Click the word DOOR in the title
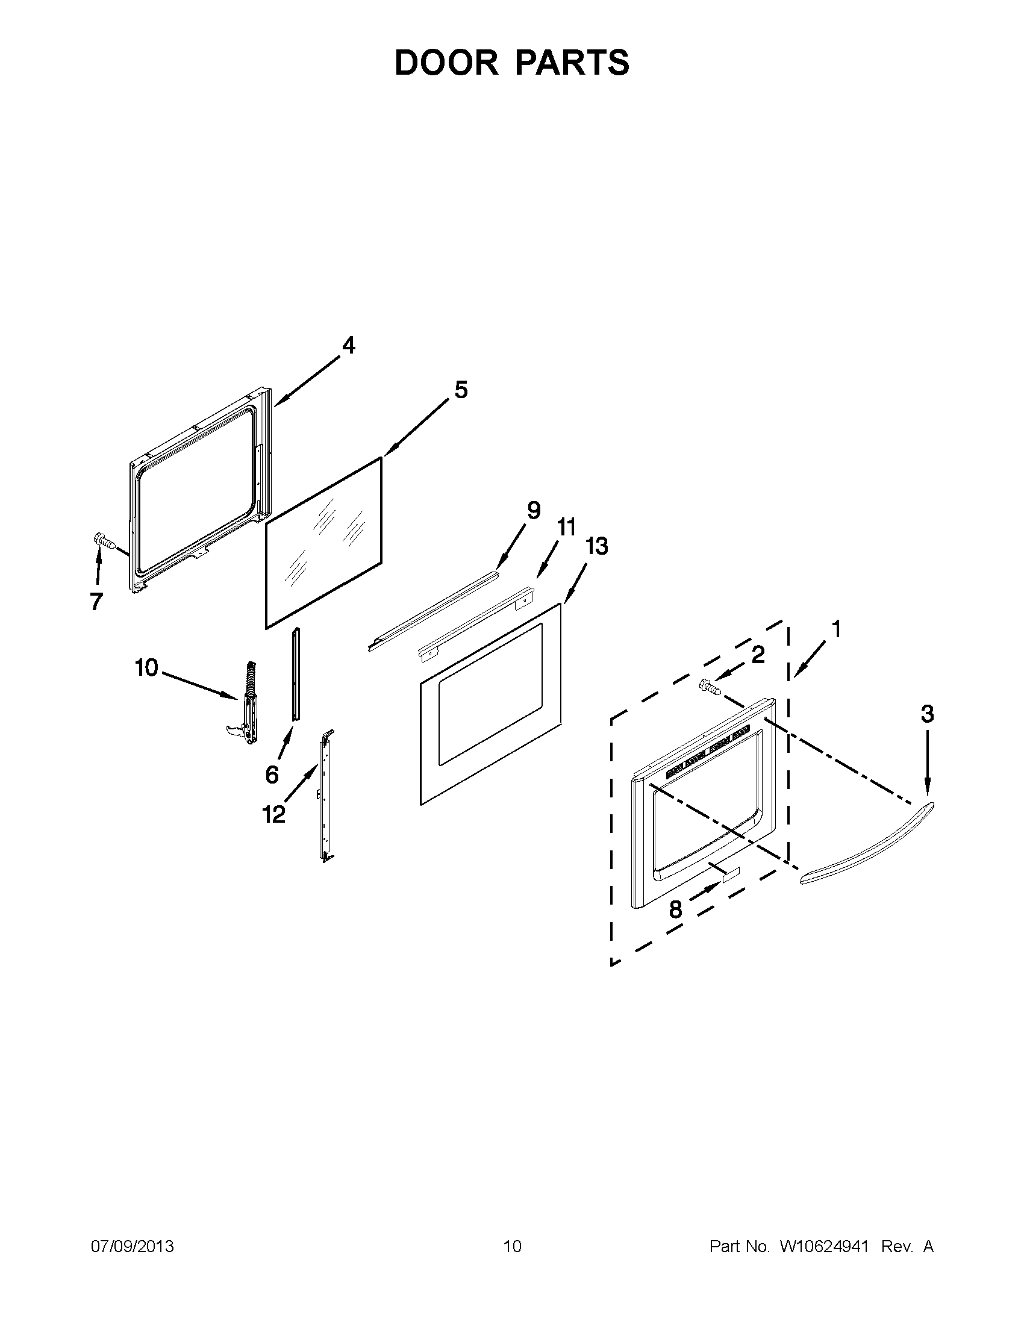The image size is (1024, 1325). (x=446, y=63)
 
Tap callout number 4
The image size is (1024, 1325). (x=348, y=345)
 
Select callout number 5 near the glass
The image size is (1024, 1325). (x=461, y=390)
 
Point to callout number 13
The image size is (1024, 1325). (x=597, y=546)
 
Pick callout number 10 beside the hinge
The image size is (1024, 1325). (x=146, y=668)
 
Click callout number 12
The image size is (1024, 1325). (x=273, y=815)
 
